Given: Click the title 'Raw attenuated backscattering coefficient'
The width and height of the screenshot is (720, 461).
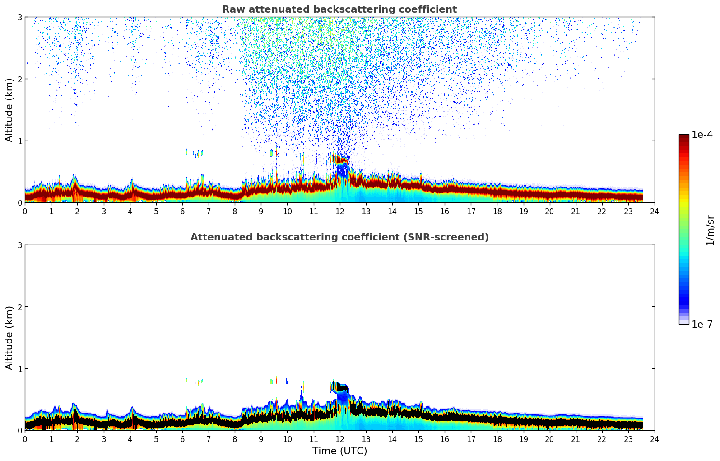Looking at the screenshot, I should [339, 9].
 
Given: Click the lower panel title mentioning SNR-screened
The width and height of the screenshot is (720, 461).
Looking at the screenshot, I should [339, 237].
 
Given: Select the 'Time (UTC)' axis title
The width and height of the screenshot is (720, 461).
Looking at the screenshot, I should [339, 451].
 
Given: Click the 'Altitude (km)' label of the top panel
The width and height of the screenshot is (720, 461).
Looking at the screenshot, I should [9, 110].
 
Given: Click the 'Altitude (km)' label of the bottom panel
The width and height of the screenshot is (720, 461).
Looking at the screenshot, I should [9, 338].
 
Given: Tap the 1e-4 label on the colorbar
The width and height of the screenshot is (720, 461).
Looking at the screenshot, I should [702, 135].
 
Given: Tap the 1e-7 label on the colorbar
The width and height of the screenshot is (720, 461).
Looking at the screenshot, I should [702, 324].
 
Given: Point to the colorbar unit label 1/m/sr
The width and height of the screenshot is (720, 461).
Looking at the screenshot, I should [710, 230].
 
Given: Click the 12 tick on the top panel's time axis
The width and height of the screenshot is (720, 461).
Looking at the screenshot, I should [339, 211].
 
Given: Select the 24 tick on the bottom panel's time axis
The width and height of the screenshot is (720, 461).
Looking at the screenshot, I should [654, 439].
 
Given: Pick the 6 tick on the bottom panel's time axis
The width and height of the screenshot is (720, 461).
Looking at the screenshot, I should [182, 439].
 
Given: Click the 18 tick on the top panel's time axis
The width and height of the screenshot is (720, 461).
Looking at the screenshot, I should [497, 211].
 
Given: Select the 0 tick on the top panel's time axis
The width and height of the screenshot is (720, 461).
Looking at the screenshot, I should [25, 211].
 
